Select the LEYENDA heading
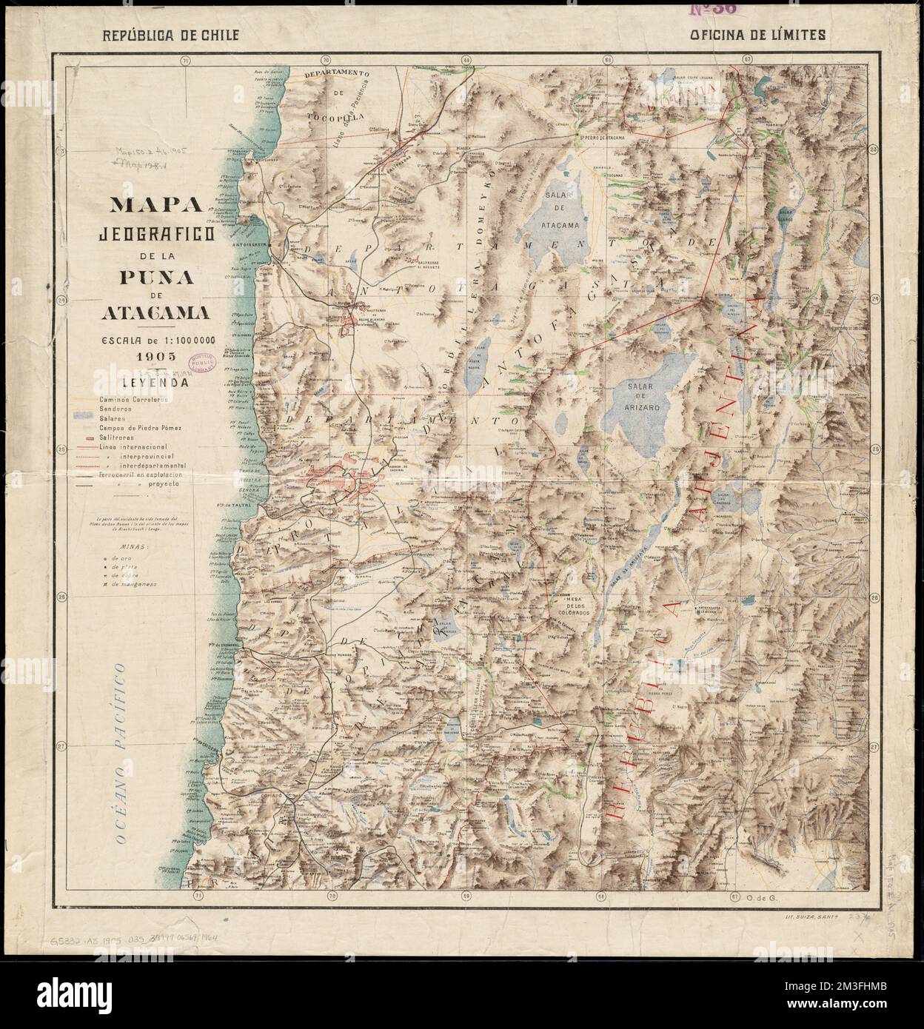pos(155,383)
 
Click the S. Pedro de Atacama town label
pos(601,136)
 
